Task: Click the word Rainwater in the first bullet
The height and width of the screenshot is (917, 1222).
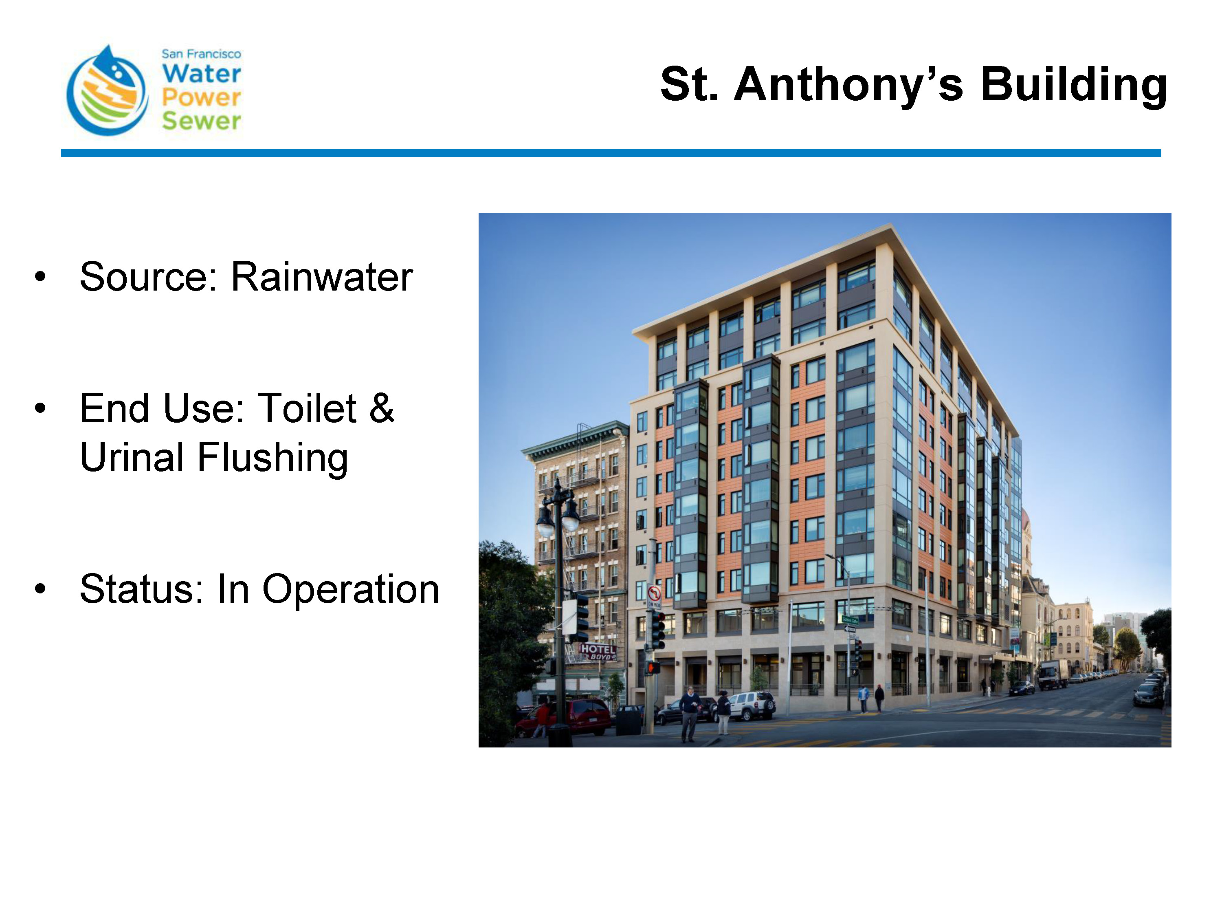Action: (x=321, y=276)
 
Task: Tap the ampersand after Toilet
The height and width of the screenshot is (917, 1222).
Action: (x=382, y=408)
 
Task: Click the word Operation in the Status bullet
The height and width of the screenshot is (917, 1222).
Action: (x=351, y=589)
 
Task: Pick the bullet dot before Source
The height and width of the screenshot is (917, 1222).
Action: (x=40, y=277)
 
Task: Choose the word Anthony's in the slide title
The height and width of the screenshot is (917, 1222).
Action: (x=848, y=85)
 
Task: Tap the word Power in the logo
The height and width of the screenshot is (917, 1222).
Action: (x=202, y=97)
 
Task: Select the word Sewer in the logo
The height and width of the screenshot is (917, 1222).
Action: (x=202, y=121)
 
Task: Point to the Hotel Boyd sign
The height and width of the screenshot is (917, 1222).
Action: (x=597, y=652)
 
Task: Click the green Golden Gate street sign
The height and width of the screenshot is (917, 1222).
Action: (x=850, y=620)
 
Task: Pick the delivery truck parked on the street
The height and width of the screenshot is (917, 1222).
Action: (x=1053, y=674)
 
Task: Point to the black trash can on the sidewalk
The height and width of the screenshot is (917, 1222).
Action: (x=628, y=720)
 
